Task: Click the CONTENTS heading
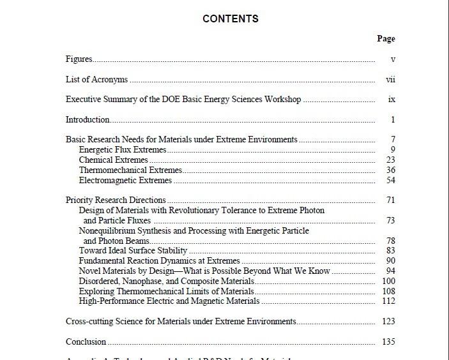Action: click(230, 19)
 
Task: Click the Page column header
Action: click(386, 39)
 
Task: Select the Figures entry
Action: click(79, 59)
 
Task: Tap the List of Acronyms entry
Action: click(96, 80)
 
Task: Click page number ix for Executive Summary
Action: click(392, 100)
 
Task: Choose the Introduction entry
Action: click(88, 119)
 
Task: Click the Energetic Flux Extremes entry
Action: click(123, 150)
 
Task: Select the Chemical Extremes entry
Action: click(113, 160)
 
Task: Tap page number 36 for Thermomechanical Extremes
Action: click(391, 170)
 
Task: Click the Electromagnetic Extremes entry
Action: click(125, 181)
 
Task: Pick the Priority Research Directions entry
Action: click(116, 200)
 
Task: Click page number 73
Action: click(391, 221)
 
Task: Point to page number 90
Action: click(391, 261)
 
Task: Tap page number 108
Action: click(388, 291)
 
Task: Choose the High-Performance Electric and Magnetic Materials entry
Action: click(169, 301)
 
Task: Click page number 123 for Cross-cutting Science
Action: click(388, 322)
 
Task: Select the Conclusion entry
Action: click(86, 342)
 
